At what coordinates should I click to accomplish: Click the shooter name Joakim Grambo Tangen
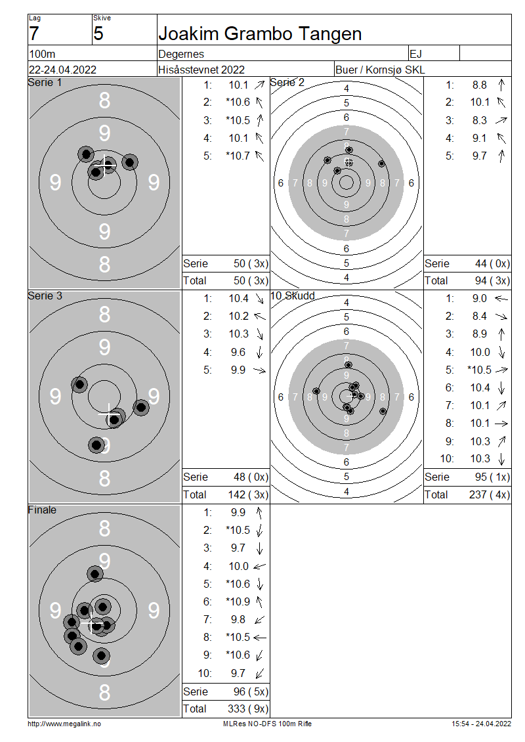click(x=260, y=33)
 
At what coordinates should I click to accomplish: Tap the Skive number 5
click(x=98, y=33)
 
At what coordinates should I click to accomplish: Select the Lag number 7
click(x=33, y=33)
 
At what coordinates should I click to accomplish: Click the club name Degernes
click(x=181, y=54)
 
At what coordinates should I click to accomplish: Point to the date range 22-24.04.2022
click(x=62, y=70)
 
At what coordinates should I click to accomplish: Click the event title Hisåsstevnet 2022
click(x=201, y=70)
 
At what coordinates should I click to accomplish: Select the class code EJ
click(x=416, y=54)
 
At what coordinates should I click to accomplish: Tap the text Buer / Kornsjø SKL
click(x=380, y=70)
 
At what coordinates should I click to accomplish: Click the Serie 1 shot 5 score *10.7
click(x=238, y=156)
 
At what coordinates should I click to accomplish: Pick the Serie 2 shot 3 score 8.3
click(x=479, y=120)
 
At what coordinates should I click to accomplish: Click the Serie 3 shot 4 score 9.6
click(x=238, y=352)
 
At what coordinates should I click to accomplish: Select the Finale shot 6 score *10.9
click(x=238, y=601)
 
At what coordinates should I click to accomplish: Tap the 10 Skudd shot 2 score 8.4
click(x=479, y=316)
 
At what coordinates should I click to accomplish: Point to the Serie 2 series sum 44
click(x=481, y=263)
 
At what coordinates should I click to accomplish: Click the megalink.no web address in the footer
click(x=64, y=724)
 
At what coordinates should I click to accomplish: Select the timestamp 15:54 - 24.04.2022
click(x=481, y=724)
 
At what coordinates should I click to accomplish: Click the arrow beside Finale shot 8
click(x=260, y=638)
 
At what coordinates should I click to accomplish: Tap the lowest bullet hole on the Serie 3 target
click(x=96, y=445)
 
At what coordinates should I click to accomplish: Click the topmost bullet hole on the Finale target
click(x=95, y=574)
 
